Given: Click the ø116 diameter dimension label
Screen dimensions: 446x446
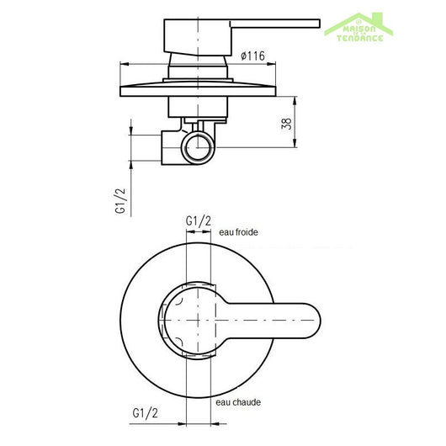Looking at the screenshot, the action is (252, 56).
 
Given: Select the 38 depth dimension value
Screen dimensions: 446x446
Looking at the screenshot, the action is (287, 124).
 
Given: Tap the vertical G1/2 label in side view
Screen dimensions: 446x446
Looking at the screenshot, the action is (120, 201).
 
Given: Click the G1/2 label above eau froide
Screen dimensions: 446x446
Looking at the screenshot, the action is (199, 220).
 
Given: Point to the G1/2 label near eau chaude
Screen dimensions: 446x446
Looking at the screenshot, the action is (145, 413).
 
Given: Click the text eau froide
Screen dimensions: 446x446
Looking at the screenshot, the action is (238, 232).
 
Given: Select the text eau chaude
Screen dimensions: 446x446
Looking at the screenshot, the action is (238, 402).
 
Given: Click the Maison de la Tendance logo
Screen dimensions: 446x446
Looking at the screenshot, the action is (358, 28).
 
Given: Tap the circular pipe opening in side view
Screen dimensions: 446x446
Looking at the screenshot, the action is (199, 147).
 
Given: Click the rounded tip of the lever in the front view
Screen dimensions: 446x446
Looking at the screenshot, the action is (315, 321).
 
